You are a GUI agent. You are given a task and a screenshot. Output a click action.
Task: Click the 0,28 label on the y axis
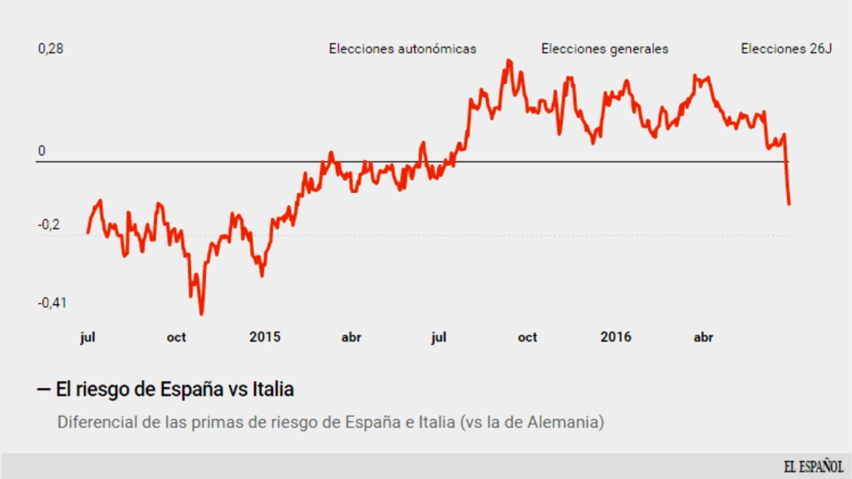click(50, 48)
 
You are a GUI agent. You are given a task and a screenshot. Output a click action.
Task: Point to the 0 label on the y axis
click(41, 151)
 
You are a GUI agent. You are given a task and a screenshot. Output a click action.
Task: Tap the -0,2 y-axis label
click(49, 225)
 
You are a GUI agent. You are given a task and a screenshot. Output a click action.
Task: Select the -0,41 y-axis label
click(52, 303)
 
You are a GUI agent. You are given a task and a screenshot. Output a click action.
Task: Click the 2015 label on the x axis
click(265, 337)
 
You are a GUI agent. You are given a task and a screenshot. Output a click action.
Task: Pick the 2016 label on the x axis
click(615, 337)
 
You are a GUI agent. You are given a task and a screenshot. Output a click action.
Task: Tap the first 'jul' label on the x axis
click(87, 337)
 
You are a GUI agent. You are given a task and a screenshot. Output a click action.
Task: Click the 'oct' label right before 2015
click(176, 337)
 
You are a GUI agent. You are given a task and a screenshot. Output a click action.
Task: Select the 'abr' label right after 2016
click(703, 337)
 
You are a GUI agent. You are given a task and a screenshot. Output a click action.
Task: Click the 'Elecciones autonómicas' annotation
click(403, 49)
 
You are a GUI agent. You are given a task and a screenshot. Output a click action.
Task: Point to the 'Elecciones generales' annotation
click(604, 49)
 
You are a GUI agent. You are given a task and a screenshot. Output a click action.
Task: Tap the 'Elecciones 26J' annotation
click(786, 49)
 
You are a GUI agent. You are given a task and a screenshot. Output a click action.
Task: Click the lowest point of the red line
click(201, 314)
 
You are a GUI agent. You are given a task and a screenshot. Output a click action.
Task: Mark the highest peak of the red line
click(509, 61)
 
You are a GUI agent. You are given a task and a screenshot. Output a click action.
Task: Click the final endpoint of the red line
click(789, 204)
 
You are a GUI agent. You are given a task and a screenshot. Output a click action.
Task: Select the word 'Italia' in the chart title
click(273, 389)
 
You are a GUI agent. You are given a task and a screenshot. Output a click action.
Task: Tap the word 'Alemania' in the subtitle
click(563, 422)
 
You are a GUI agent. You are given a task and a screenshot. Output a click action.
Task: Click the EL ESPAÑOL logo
click(813, 467)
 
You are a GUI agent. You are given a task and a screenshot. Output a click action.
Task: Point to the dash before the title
click(43, 389)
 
